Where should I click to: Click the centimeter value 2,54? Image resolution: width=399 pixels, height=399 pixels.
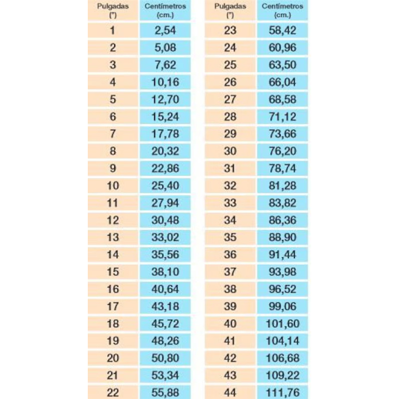pyautogui.click(x=165, y=30)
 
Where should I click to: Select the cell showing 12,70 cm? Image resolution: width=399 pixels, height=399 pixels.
pyautogui.click(x=165, y=99)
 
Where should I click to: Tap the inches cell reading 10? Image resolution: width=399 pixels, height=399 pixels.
pyautogui.click(x=113, y=186)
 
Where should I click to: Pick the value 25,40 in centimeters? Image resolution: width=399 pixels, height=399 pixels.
pyautogui.click(x=165, y=186)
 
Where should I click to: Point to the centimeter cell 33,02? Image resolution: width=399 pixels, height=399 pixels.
pyautogui.click(x=165, y=237)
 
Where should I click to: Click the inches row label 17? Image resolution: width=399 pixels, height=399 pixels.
pyautogui.click(x=113, y=306)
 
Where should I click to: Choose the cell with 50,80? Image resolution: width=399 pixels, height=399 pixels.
pyautogui.click(x=165, y=358)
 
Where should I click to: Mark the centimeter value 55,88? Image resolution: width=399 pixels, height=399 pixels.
pyautogui.click(x=165, y=393)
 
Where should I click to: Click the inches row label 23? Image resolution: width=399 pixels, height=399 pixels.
pyautogui.click(x=230, y=30)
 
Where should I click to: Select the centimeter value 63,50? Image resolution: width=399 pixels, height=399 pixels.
pyautogui.click(x=282, y=65)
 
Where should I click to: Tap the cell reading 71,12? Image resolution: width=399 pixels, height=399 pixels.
pyautogui.click(x=282, y=117)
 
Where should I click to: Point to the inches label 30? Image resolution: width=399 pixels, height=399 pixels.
pyautogui.click(x=230, y=151)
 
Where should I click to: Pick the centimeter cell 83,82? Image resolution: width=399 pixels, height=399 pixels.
pyautogui.click(x=282, y=203)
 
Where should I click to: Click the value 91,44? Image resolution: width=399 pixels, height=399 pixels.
pyautogui.click(x=282, y=255)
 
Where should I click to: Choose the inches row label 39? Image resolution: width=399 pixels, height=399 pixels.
pyautogui.click(x=230, y=306)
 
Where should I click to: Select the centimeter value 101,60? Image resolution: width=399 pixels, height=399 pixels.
pyautogui.click(x=282, y=324)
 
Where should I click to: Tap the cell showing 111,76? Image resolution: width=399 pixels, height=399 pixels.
pyautogui.click(x=282, y=393)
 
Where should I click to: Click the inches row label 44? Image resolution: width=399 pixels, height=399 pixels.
pyautogui.click(x=230, y=393)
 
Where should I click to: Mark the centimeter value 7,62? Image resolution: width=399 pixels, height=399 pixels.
pyautogui.click(x=165, y=65)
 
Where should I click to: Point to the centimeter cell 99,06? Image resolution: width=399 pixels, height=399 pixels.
pyautogui.click(x=282, y=306)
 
